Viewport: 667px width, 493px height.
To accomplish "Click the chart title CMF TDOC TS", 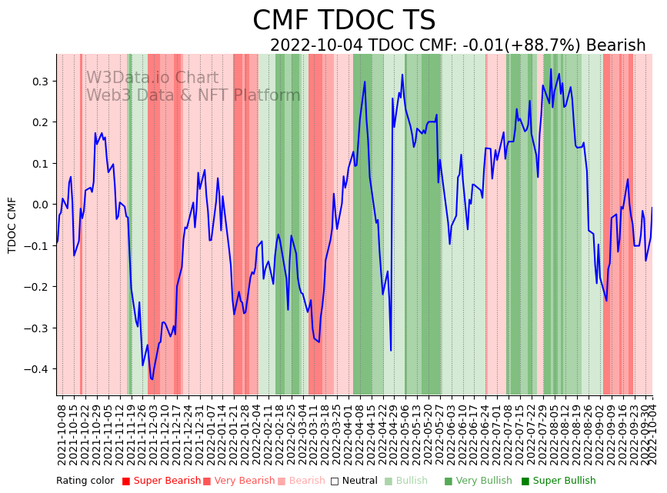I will point(344,21).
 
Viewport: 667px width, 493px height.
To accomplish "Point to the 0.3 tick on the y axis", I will point(39,82).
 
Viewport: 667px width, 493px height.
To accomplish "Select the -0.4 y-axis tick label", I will point(36,369).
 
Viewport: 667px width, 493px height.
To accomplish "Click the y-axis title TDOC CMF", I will point(12,225).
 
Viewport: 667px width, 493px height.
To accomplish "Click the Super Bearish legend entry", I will point(162,481).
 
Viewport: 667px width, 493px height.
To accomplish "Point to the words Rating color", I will point(85,481).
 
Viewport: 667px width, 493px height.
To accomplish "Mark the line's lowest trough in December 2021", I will point(152,379).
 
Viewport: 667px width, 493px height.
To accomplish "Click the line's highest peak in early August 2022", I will point(551,69).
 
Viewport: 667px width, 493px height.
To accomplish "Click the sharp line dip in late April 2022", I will point(391,350).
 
